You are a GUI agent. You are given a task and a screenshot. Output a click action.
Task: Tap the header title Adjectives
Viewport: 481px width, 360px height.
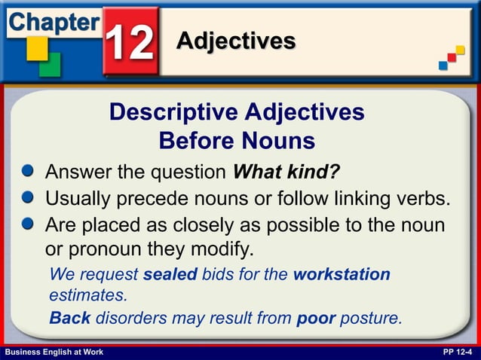click(x=235, y=41)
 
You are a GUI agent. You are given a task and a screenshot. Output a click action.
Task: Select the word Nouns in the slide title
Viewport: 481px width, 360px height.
click(x=279, y=141)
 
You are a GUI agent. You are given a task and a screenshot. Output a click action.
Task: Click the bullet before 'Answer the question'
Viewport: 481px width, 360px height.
click(x=28, y=172)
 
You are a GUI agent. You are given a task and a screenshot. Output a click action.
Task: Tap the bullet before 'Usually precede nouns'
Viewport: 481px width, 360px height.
click(x=28, y=199)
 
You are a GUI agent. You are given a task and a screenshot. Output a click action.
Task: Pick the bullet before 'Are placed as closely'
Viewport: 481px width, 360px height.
click(x=28, y=225)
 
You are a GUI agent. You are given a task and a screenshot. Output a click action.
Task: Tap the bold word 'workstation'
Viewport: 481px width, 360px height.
click(x=341, y=274)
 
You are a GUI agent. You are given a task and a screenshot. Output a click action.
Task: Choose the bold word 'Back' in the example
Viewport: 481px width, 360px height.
click(x=69, y=318)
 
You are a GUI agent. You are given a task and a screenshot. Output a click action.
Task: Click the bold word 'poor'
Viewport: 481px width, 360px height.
click(x=316, y=318)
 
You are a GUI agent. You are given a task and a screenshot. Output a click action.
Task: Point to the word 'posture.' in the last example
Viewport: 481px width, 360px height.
click(x=371, y=319)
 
